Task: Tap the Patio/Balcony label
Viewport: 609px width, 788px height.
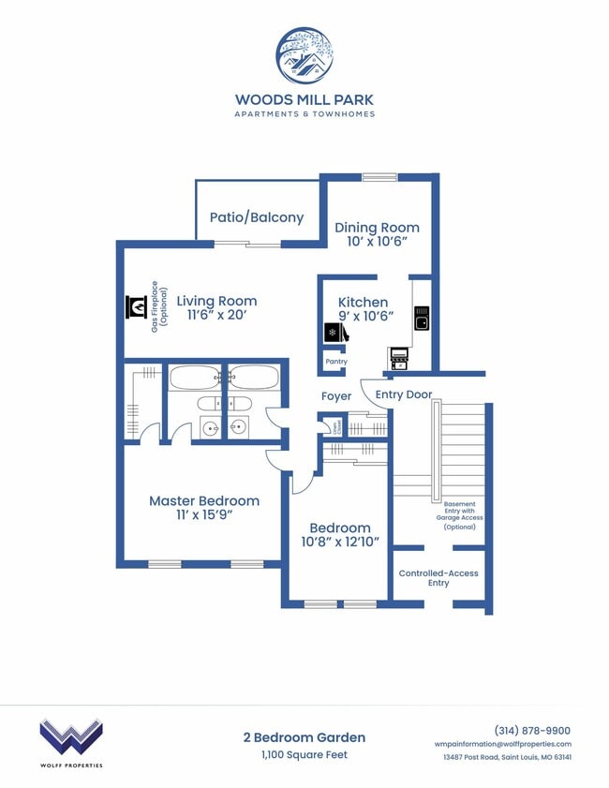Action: tap(256, 217)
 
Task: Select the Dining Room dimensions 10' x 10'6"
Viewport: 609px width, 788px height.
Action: tap(377, 242)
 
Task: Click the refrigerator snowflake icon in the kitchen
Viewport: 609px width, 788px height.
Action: tap(332, 333)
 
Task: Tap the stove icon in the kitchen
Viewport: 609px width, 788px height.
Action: tap(399, 356)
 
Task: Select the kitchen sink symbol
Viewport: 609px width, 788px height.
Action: tap(422, 319)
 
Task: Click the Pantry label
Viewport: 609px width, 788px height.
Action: tap(335, 362)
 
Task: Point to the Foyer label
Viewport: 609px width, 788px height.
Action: tap(336, 396)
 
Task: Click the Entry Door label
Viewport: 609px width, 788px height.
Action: tap(404, 394)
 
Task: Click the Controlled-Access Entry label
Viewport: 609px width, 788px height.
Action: tap(438, 578)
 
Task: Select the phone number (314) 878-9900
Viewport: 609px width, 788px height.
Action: tap(531, 731)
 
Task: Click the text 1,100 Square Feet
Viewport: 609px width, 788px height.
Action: tap(304, 754)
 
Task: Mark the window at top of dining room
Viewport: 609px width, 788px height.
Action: tap(379, 176)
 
